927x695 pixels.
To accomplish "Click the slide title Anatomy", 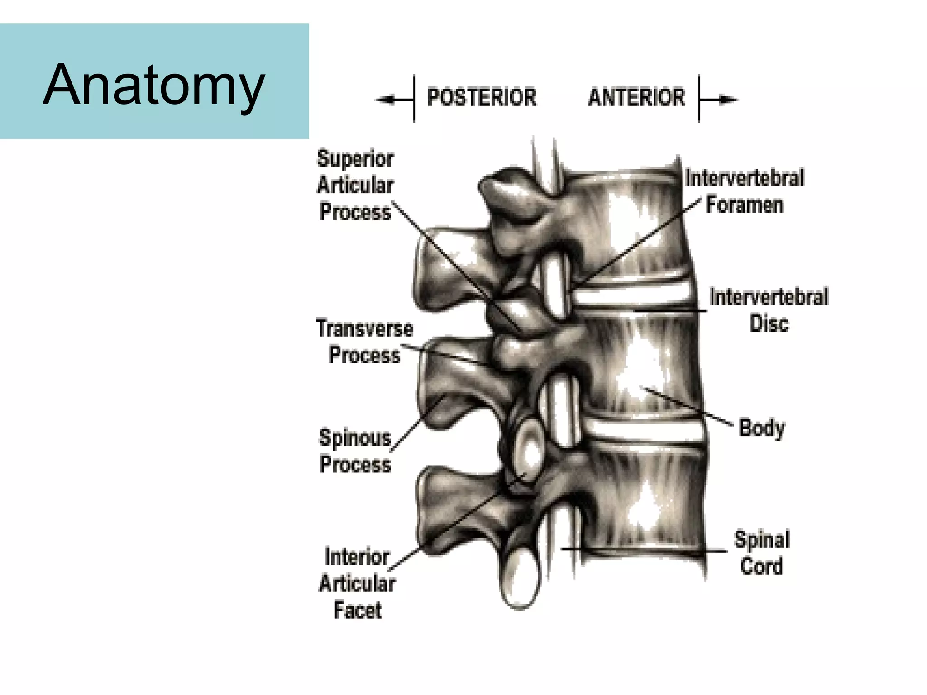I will tap(154, 85).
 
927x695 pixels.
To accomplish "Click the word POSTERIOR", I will tap(482, 98).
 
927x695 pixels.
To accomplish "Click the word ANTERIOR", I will tap(636, 98).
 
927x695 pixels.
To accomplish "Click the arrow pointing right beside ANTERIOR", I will tap(724, 100).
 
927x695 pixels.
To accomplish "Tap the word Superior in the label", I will tap(355, 159).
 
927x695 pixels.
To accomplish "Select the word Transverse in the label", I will tap(365, 328).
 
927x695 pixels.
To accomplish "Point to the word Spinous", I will tap(355, 438).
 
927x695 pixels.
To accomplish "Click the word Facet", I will tap(358, 610).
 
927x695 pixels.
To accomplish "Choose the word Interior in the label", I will tap(357, 557).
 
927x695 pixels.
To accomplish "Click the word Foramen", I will tap(745, 205).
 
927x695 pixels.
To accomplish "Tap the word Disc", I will tap(769, 324).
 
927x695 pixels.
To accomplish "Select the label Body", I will tap(762, 428).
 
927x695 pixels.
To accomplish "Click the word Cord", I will tap(761, 566).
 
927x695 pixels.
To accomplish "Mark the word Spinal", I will tap(762, 540).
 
